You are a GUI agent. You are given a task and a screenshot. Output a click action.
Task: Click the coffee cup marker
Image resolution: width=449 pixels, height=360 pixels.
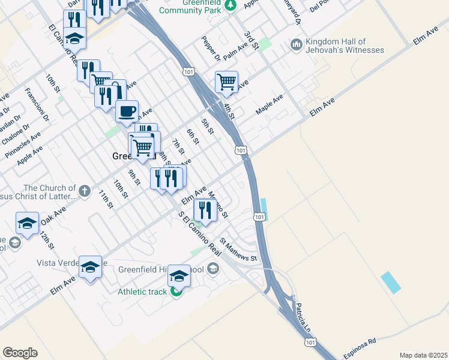point(127,112)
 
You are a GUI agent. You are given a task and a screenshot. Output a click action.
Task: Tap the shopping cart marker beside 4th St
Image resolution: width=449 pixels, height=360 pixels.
point(226,82)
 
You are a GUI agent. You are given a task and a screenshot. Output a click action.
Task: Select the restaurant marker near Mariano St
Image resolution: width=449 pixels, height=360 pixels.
point(205,210)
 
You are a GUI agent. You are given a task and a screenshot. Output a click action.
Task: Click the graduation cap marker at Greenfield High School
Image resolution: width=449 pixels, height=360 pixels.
point(179,275)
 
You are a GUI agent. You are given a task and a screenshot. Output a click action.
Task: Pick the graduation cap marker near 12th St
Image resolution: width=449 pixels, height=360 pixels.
point(28,223)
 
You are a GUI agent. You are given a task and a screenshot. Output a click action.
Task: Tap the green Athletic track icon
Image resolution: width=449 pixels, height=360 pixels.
point(176,292)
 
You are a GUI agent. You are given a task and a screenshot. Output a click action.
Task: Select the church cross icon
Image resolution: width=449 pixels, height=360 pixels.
point(85,191)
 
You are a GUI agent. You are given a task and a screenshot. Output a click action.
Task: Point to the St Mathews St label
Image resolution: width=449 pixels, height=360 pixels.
point(238,250)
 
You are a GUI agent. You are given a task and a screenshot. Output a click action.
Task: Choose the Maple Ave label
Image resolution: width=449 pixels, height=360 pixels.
point(269,104)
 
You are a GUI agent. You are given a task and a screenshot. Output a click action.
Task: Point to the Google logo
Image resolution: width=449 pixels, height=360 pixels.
point(20,353)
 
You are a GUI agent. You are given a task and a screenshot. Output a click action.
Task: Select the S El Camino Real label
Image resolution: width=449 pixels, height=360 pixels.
point(196,233)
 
